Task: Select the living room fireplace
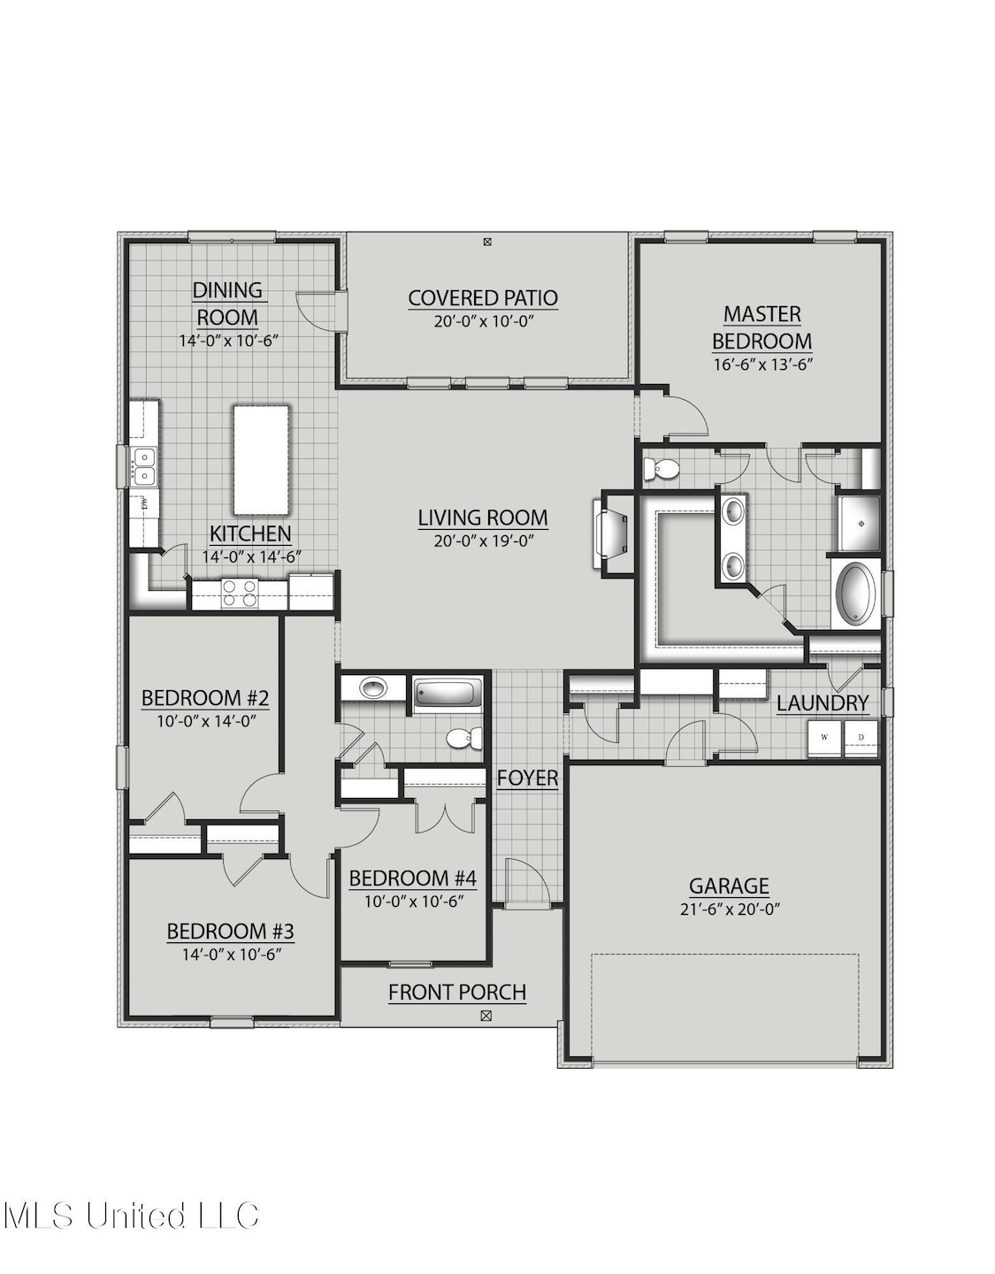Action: [x=612, y=533]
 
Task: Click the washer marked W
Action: [x=824, y=738]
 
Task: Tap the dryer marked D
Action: [x=861, y=738]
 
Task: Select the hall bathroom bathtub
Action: [x=448, y=694]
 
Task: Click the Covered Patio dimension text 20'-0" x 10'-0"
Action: [x=484, y=321]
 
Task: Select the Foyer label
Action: [x=527, y=778]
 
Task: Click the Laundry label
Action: [x=823, y=703]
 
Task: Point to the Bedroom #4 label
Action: [x=412, y=879]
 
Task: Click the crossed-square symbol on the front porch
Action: [x=486, y=1016]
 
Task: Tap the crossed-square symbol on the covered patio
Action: [x=487, y=241]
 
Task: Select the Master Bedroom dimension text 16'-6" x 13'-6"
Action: [x=762, y=365]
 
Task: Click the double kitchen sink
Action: [x=143, y=465]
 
